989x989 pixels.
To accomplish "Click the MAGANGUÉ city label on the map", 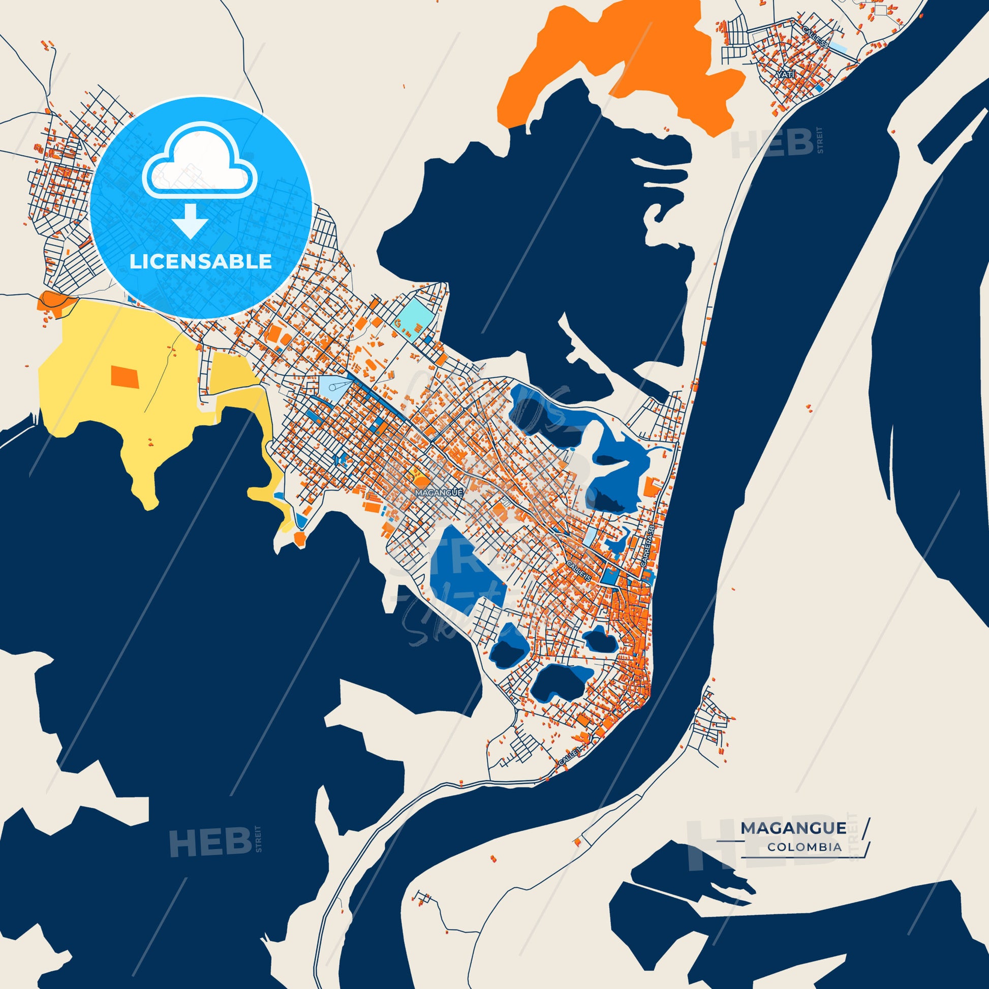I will [440, 492].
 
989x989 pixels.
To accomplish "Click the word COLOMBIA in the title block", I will [804, 847].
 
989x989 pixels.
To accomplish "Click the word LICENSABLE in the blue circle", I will [200, 262].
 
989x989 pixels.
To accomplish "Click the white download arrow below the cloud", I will [190, 221].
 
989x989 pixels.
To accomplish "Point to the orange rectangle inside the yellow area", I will [125, 376].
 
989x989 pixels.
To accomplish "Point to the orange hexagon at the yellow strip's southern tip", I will [299, 538].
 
